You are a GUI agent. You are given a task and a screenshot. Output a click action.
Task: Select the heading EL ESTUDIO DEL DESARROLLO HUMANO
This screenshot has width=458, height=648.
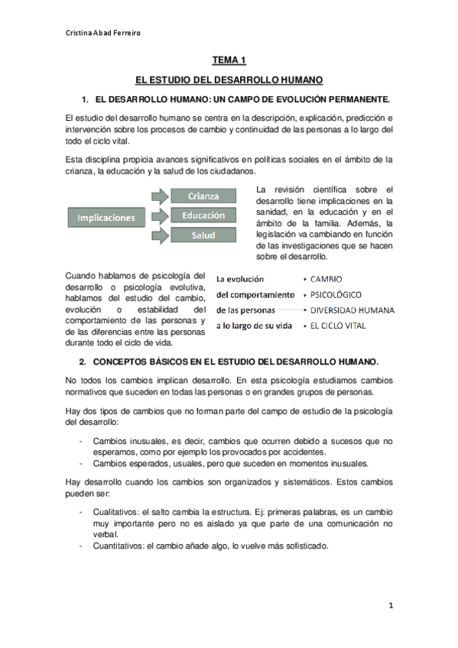point(229,79)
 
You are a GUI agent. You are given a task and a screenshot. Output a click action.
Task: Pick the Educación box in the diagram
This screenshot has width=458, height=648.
point(203,215)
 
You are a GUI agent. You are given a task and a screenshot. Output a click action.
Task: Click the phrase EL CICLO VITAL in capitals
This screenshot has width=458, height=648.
point(337,326)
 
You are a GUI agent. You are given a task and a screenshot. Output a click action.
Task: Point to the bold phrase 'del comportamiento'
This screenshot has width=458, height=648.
point(255,294)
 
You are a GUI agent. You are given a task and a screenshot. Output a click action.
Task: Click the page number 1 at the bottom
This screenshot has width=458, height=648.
point(390,605)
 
